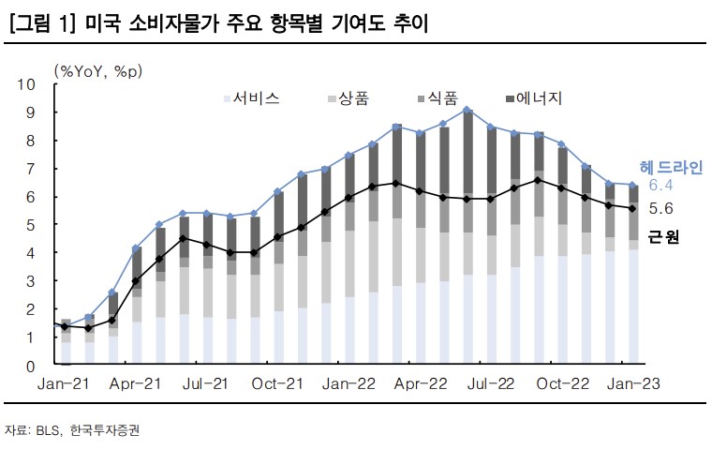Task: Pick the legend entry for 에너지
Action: click(x=534, y=98)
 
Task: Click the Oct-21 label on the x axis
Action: click(x=279, y=385)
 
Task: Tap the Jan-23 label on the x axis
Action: click(x=632, y=385)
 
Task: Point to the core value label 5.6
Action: click(x=660, y=209)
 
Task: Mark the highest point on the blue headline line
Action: click(x=467, y=111)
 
